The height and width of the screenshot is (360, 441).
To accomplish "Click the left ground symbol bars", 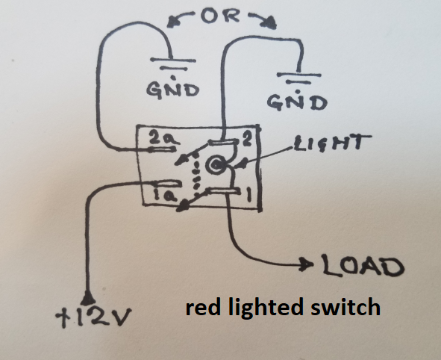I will tap(171, 66).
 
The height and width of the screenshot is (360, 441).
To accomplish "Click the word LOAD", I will tap(362, 267).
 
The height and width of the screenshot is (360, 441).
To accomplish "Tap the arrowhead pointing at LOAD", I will tap(306, 266).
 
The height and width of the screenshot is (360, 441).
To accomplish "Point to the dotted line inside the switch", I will tap(196, 173).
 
